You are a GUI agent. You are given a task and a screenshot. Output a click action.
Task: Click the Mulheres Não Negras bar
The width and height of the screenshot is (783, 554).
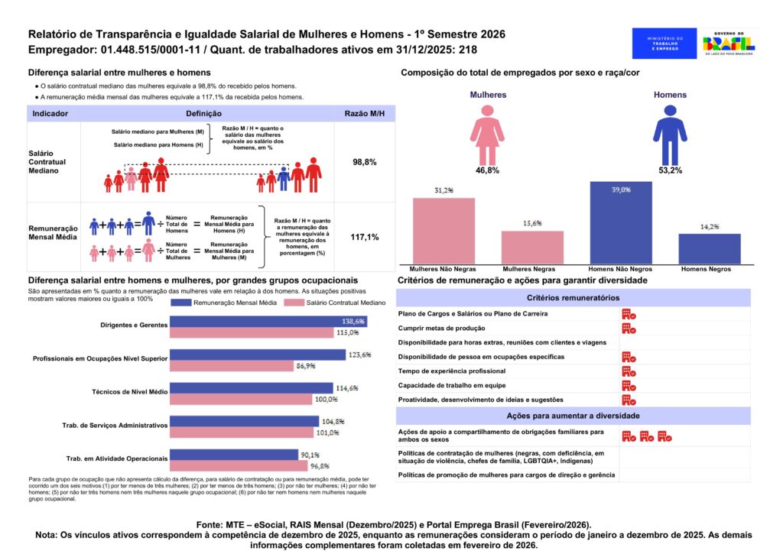coord(443,231)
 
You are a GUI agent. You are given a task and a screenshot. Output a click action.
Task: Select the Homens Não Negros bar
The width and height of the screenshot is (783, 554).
coord(620,222)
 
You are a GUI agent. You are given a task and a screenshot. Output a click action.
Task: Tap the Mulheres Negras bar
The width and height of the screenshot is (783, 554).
coord(532,247)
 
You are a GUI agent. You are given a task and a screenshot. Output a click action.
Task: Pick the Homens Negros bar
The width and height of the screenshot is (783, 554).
coord(709,248)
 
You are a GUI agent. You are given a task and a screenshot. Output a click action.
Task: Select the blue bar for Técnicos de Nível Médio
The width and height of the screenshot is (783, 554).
coord(252,388)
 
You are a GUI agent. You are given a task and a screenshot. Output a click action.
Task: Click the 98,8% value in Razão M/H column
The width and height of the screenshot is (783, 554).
coord(364,163)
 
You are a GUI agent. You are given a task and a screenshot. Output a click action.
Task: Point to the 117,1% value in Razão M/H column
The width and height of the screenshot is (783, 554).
coord(364,237)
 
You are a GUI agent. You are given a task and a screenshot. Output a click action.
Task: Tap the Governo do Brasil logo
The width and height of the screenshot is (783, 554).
coord(728,43)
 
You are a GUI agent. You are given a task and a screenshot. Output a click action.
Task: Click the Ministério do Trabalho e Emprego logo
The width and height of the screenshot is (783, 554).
coord(664,43)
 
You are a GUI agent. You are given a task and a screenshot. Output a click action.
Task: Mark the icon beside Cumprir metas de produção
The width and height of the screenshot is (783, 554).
coord(629,328)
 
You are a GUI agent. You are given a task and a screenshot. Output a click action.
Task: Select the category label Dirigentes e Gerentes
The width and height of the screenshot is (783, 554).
coord(134,325)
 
